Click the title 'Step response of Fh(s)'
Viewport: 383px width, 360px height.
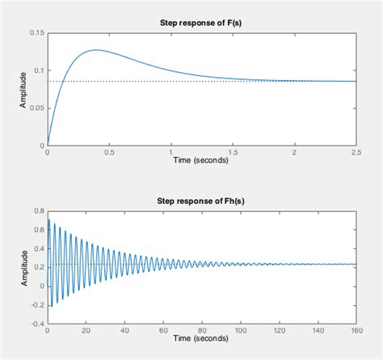(201, 201)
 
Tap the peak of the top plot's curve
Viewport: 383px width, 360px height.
(96, 50)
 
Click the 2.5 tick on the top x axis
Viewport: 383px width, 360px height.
(355, 151)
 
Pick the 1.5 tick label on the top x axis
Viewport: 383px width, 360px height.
(232, 151)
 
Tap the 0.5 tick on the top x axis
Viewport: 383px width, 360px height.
(109, 151)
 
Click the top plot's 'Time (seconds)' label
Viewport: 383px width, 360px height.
(201, 160)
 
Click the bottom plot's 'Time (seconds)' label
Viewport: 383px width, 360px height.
(201, 339)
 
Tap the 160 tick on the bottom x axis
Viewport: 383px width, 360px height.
(355, 330)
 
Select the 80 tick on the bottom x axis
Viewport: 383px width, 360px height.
(201, 330)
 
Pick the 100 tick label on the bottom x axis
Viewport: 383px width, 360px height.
(240, 330)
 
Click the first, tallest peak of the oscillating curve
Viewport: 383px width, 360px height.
(49, 219)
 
